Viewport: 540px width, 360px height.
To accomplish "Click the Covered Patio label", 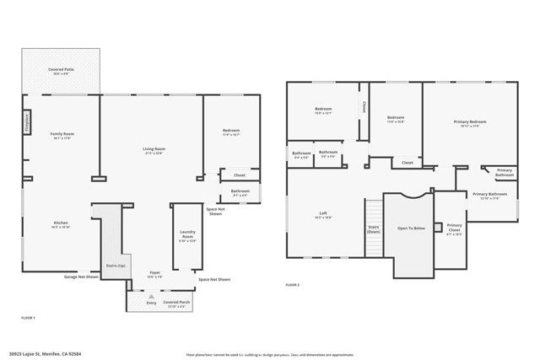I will [61, 70].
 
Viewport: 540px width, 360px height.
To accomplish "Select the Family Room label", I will [62, 134].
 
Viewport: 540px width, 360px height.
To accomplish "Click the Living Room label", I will [154, 149].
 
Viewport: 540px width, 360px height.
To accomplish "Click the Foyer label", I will [155, 272].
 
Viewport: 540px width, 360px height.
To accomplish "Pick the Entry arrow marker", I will [150, 296].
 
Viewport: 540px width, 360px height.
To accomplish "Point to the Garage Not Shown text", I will [82, 277].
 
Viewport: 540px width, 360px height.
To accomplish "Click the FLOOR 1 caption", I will [28, 317].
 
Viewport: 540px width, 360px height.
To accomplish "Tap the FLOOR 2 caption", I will [293, 286].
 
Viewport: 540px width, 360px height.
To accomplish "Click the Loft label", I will [323, 213].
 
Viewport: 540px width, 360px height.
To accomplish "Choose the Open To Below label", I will [410, 228].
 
